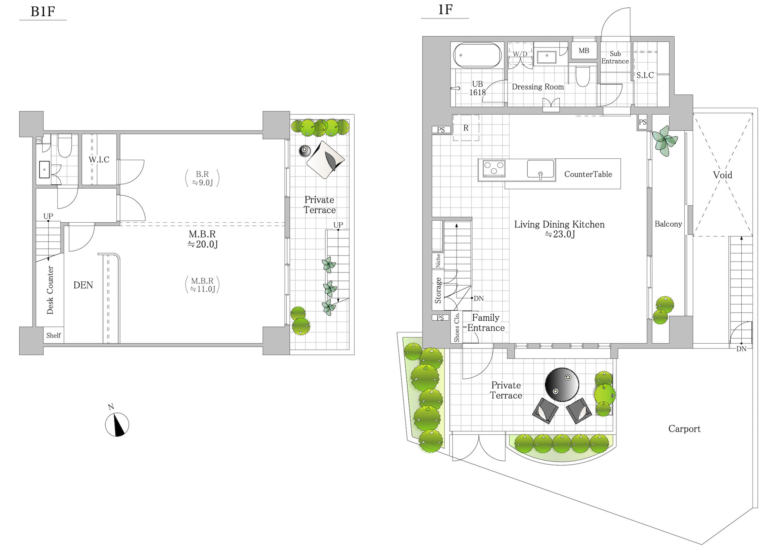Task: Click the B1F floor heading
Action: pos(43,11)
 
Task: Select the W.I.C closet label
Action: pos(99,160)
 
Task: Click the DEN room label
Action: pos(83,285)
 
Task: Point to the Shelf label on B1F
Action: pos(53,335)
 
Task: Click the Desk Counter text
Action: pos(50,290)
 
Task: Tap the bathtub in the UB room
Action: pos(477,55)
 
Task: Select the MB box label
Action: pos(584,51)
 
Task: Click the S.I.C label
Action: pos(645,75)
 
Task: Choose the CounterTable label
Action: pos(588,174)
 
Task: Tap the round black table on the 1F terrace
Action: pos(562,385)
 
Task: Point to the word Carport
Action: pos(684,429)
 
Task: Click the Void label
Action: pos(722,175)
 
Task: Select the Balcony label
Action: pos(668,224)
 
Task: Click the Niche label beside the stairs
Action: pos(438,260)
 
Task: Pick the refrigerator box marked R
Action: pos(466,128)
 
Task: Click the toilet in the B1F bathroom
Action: pos(65,145)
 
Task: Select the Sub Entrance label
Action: pos(615,57)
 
